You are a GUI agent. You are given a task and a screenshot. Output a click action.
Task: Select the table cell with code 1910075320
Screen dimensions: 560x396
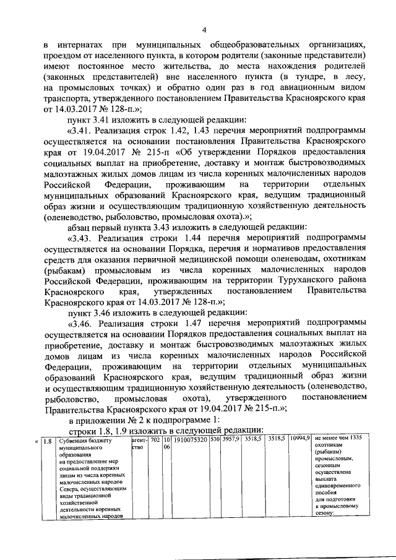[191, 439]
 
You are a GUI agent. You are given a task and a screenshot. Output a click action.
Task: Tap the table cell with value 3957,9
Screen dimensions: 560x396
[231, 439]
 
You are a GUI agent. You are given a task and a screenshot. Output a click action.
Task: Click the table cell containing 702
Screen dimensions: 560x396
[156, 439]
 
